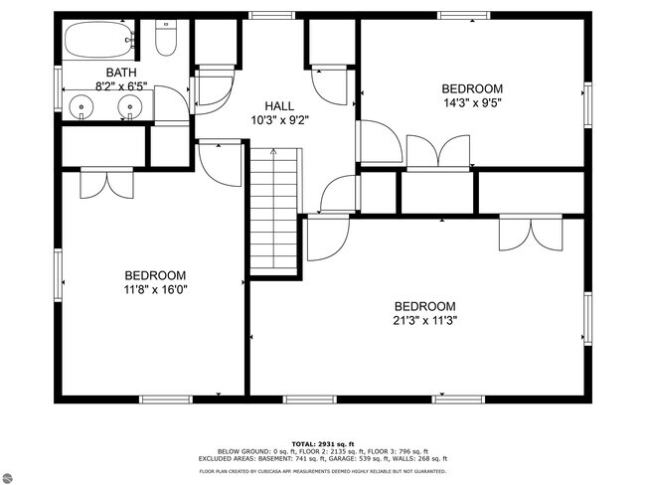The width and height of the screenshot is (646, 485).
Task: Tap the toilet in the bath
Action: [x=166, y=41]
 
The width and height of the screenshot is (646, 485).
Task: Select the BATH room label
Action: [x=122, y=73]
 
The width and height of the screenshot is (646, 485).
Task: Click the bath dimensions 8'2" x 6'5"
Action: [x=122, y=85]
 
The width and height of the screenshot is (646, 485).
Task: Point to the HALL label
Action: [x=279, y=106]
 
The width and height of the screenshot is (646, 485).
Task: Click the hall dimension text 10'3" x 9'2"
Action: [x=279, y=120]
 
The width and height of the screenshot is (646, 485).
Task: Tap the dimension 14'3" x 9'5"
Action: [x=473, y=101]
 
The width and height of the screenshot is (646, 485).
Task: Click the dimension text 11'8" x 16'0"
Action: [x=155, y=290]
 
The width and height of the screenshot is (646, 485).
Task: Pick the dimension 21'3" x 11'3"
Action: [x=424, y=320]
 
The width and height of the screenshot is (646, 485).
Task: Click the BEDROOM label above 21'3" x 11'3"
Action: [x=424, y=306]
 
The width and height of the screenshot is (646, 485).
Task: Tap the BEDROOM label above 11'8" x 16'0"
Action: [x=155, y=275]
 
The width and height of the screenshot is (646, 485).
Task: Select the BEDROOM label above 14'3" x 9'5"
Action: [x=473, y=87]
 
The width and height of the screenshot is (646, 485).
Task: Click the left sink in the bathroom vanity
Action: [x=81, y=103]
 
